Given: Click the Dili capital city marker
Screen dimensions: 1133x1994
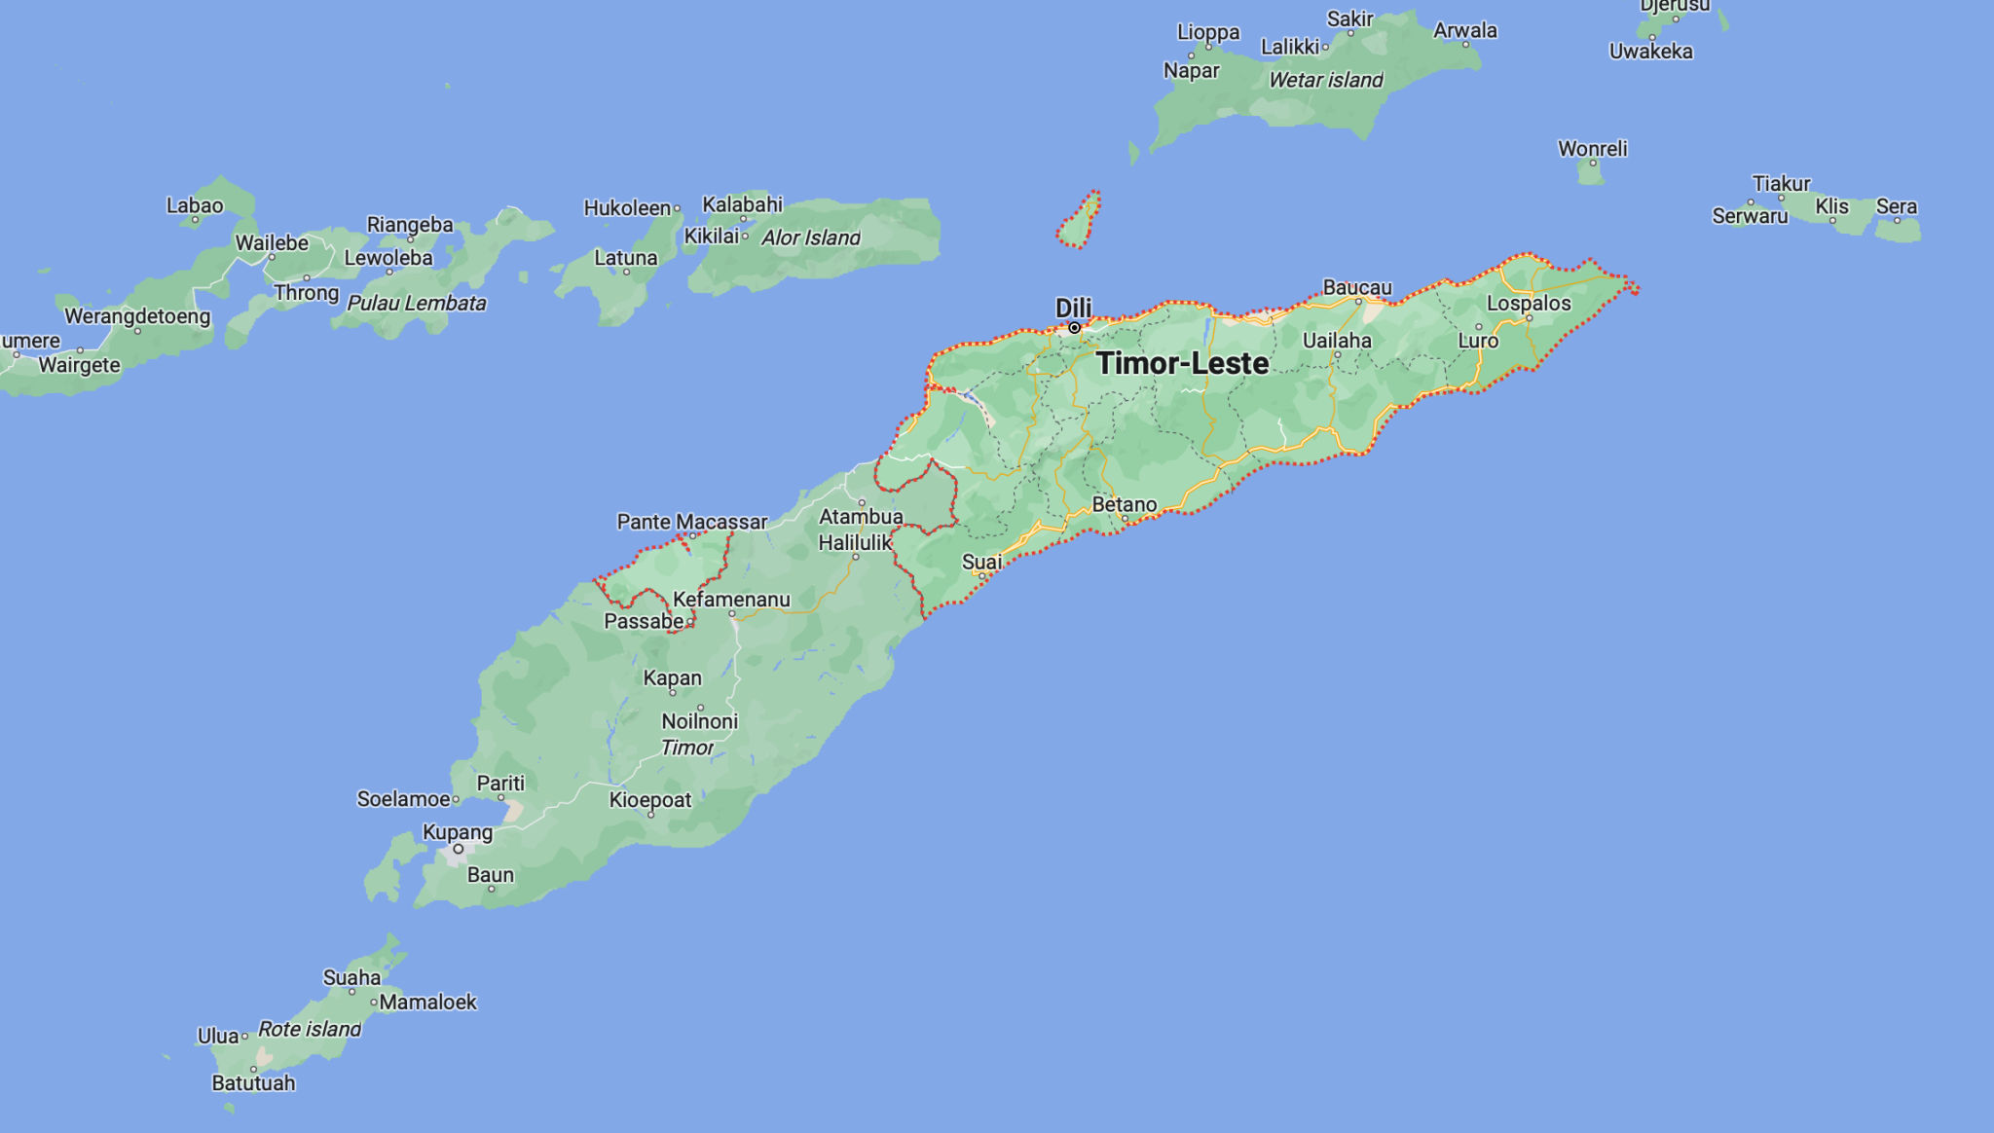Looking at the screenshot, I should coord(1074,328).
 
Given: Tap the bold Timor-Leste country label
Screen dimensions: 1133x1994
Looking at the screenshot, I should coord(1182,363).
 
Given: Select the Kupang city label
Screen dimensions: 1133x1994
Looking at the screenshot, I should coord(458,832).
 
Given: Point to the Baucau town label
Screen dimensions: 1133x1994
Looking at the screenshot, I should coord(1357,287).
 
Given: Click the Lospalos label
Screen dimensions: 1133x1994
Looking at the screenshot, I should coord(1529,303).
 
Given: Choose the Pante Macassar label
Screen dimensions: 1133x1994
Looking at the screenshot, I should coord(692,522).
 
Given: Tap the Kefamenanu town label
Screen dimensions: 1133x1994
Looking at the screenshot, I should coord(731,600).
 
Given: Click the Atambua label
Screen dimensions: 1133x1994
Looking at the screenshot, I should coord(861,516).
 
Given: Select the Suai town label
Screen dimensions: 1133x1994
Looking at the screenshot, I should coord(981,562).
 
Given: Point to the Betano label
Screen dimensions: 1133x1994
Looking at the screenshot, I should coord(1125,504).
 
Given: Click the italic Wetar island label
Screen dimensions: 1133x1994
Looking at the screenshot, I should coord(1325,80).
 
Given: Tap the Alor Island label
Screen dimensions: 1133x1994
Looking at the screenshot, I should coord(810,238).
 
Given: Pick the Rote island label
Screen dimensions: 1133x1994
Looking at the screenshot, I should coord(310,1029).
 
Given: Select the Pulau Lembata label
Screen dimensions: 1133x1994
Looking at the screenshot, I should coord(417,303).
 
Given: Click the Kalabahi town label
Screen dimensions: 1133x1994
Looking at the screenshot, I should coord(743,204).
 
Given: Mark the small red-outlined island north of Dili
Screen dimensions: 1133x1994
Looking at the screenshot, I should coord(1079,222).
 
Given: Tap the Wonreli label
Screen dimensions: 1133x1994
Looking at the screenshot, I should coord(1592,149).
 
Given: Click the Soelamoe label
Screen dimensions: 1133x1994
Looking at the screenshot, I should coord(403,799).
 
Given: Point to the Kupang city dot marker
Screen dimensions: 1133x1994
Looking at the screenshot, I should coord(458,849).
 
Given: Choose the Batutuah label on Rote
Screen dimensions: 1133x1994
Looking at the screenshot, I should coord(253,1082).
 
